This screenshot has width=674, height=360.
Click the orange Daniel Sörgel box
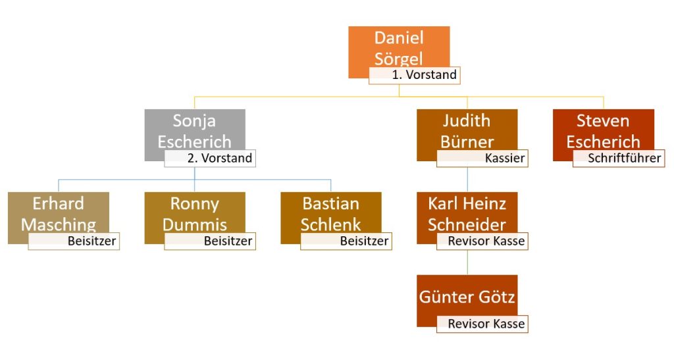click(399, 47)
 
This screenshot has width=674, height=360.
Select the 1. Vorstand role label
click(414, 75)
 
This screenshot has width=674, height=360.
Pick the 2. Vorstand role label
click(209, 158)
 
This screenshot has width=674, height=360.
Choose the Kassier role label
click(482, 158)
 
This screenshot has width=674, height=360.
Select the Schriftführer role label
click(618, 158)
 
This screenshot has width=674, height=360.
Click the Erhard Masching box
click(59, 212)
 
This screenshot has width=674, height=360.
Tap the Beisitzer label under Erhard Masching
click(74, 242)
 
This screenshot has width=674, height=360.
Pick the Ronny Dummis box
click(195, 212)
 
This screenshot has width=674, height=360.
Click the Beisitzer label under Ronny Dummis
click(209, 242)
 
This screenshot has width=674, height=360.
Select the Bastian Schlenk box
click(330, 212)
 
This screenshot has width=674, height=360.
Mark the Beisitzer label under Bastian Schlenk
click(346, 242)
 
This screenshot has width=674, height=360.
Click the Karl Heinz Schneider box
click(467, 212)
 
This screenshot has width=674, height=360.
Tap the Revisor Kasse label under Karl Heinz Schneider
click(482, 242)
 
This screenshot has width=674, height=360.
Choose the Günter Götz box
click(467, 296)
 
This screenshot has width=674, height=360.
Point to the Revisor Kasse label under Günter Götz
click(482, 324)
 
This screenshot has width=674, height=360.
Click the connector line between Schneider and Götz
click(467, 263)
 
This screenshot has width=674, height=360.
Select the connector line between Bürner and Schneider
click(467, 179)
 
